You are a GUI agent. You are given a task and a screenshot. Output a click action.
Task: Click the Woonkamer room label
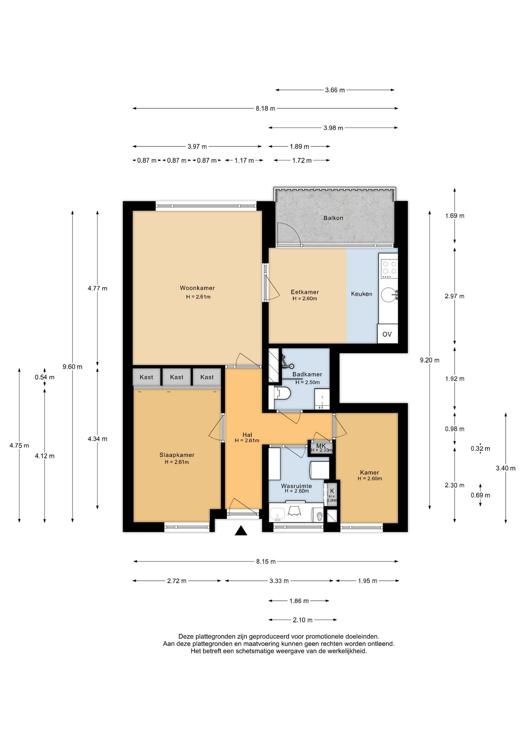pyautogui.click(x=197, y=288)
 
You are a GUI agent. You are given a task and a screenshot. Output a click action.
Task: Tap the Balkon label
pyautogui.click(x=333, y=218)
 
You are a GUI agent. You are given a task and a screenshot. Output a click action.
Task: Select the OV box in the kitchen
pyautogui.click(x=387, y=334)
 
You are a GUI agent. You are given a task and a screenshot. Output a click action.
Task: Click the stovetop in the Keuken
pyautogui.click(x=389, y=269)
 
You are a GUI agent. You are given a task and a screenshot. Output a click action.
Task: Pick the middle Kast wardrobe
pyautogui.click(x=177, y=377)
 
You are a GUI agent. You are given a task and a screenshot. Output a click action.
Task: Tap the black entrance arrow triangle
pyautogui.click(x=241, y=531)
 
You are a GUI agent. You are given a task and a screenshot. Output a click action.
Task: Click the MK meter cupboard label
pyautogui.click(x=321, y=446)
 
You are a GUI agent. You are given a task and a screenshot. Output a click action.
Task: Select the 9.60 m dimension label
pyautogui.click(x=72, y=367)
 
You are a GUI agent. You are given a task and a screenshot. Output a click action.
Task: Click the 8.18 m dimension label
pyautogui.click(x=265, y=109)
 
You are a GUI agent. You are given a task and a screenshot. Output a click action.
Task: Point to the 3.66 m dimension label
pyautogui.click(x=335, y=90)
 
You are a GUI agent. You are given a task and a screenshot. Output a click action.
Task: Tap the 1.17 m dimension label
pyautogui.click(x=244, y=160)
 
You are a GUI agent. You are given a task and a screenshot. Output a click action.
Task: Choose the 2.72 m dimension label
pyautogui.click(x=177, y=581)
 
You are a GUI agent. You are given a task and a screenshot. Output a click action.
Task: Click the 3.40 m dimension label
pyautogui.click(x=506, y=468)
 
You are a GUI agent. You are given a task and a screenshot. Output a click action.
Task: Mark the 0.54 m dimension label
pyautogui.click(x=44, y=377)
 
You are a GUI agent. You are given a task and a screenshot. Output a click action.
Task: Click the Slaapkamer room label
pyautogui.click(x=177, y=455)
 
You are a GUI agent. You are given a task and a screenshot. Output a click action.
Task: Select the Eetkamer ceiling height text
pyautogui.click(x=305, y=298)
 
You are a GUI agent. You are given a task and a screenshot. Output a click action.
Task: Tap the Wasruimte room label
pyautogui.click(x=296, y=486)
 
